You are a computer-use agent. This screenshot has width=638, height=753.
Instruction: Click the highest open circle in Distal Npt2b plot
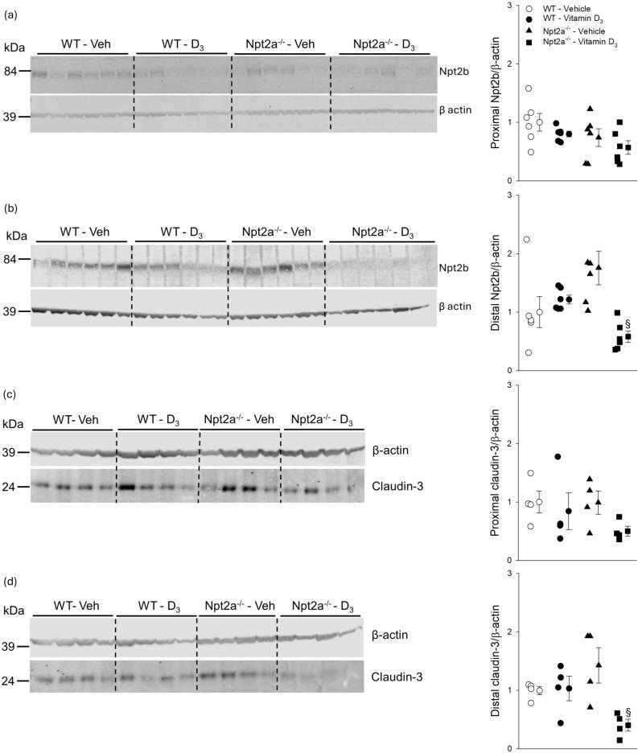pyautogui.click(x=526, y=239)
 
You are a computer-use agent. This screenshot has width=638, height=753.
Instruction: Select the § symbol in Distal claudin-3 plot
pyautogui.click(x=628, y=713)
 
